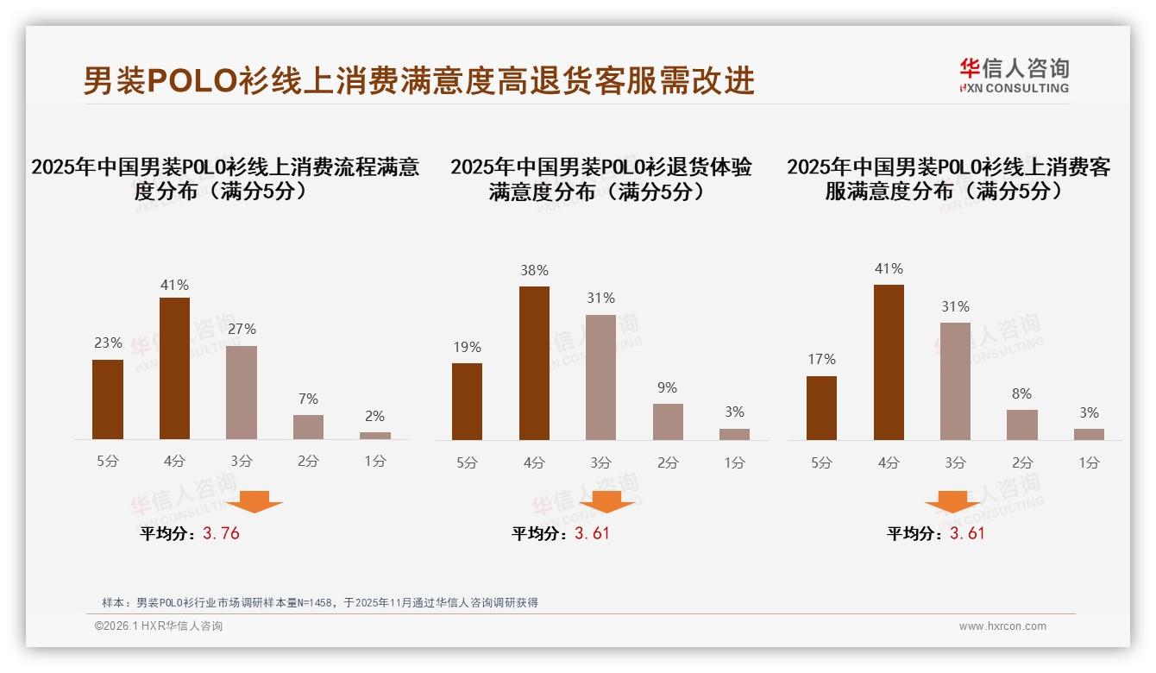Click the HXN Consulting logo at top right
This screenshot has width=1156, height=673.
click(1014, 76)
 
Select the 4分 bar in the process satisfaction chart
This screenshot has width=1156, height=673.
click(174, 368)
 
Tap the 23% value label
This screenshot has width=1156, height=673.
click(108, 343)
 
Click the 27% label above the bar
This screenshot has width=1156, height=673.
click(242, 329)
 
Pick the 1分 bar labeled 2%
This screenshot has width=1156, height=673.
click(375, 436)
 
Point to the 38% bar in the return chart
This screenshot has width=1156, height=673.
click(534, 363)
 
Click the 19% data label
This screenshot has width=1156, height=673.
click(467, 347)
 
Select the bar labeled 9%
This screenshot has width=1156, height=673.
click(668, 422)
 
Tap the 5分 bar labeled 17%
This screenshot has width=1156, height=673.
click(821, 408)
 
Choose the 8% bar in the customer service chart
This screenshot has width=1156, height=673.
click(1022, 425)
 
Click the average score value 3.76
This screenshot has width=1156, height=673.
click(221, 533)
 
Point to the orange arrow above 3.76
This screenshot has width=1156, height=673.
click(254, 501)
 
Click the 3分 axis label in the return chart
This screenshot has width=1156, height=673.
click(601, 462)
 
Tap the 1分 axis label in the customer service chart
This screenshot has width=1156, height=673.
click(1089, 462)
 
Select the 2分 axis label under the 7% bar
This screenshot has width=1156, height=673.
click(308, 462)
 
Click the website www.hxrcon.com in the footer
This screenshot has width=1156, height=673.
click(1002, 626)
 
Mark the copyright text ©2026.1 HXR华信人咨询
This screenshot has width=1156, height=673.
click(159, 626)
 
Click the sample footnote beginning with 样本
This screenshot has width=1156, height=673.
click(320, 602)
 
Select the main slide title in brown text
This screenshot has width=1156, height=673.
click(418, 80)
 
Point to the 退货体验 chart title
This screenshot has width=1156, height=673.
click(600, 179)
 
